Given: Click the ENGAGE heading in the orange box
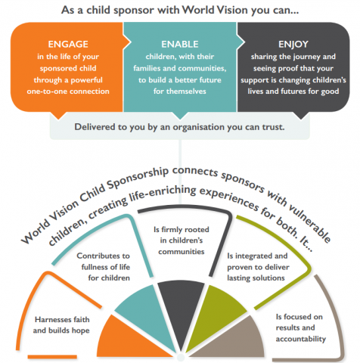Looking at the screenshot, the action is tap(68, 45).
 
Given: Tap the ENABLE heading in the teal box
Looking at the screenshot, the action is tap(180, 45).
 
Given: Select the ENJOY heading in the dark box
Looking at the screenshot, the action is tap(293, 45).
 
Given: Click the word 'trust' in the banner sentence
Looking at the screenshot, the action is tap(273, 127).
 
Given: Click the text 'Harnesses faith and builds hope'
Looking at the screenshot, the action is tap(61, 325).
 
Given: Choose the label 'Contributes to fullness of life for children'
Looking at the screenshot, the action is tap(104, 267).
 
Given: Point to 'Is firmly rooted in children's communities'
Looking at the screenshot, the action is tap(182, 240).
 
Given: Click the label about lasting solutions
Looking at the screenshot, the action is tap(258, 267).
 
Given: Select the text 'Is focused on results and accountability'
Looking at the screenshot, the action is tap(300, 327).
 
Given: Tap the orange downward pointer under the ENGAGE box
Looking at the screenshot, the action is tap(58, 115).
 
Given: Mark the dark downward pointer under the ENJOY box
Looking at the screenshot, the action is tap(301, 115).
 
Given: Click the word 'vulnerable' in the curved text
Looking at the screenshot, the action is tap(309, 223).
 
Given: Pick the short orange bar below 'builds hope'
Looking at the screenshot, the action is tap(52, 357).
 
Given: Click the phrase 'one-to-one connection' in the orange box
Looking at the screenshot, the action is tap(68, 92).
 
